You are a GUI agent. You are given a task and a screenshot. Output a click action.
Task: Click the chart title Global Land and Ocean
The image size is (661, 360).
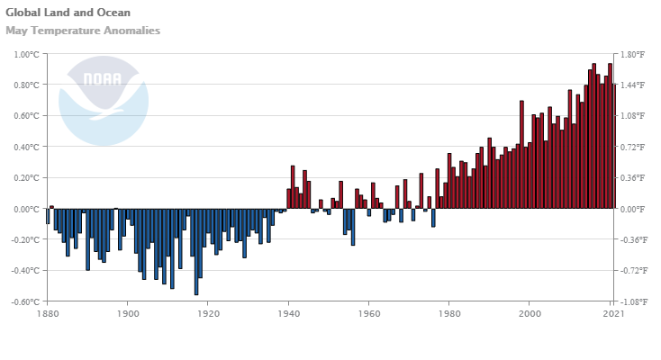pos(68,13)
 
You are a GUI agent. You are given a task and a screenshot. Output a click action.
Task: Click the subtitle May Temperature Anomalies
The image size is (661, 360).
pos(83,31)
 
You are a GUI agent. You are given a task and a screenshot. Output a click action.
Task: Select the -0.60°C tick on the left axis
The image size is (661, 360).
pos(25,301)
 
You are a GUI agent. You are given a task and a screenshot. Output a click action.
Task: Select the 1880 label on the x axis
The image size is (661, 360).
pos(48,313)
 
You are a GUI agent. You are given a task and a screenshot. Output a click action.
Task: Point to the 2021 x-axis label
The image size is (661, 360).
pos(613,313)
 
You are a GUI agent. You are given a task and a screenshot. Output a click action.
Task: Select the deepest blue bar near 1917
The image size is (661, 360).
pos(196,251)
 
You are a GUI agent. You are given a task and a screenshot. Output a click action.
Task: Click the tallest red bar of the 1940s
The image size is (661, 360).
pos(293,186)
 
